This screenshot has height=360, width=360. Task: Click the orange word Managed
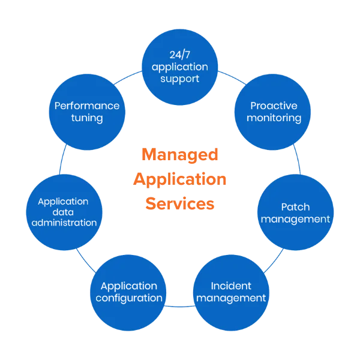tap(180, 155)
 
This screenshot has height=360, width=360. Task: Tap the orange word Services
tap(180, 204)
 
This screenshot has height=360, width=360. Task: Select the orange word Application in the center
tap(180, 179)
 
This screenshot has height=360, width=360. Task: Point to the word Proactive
tap(273, 106)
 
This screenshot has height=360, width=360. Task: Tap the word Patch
tap(295, 208)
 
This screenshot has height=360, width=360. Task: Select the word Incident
tap(231, 286)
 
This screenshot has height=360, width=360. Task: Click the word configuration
tap(128, 298)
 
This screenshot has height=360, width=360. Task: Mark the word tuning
tap(86, 118)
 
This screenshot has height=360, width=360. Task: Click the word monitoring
tap(274, 118)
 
